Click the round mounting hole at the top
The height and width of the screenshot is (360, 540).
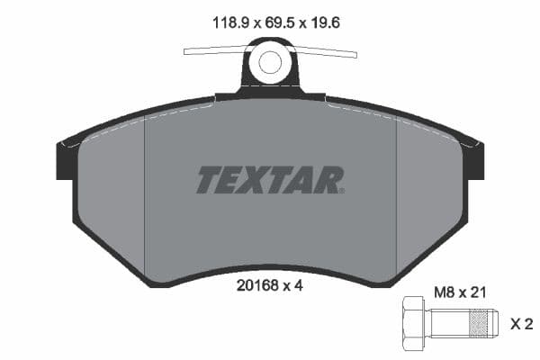pos(269,62)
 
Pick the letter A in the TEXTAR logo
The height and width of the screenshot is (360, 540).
pos(305,180)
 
